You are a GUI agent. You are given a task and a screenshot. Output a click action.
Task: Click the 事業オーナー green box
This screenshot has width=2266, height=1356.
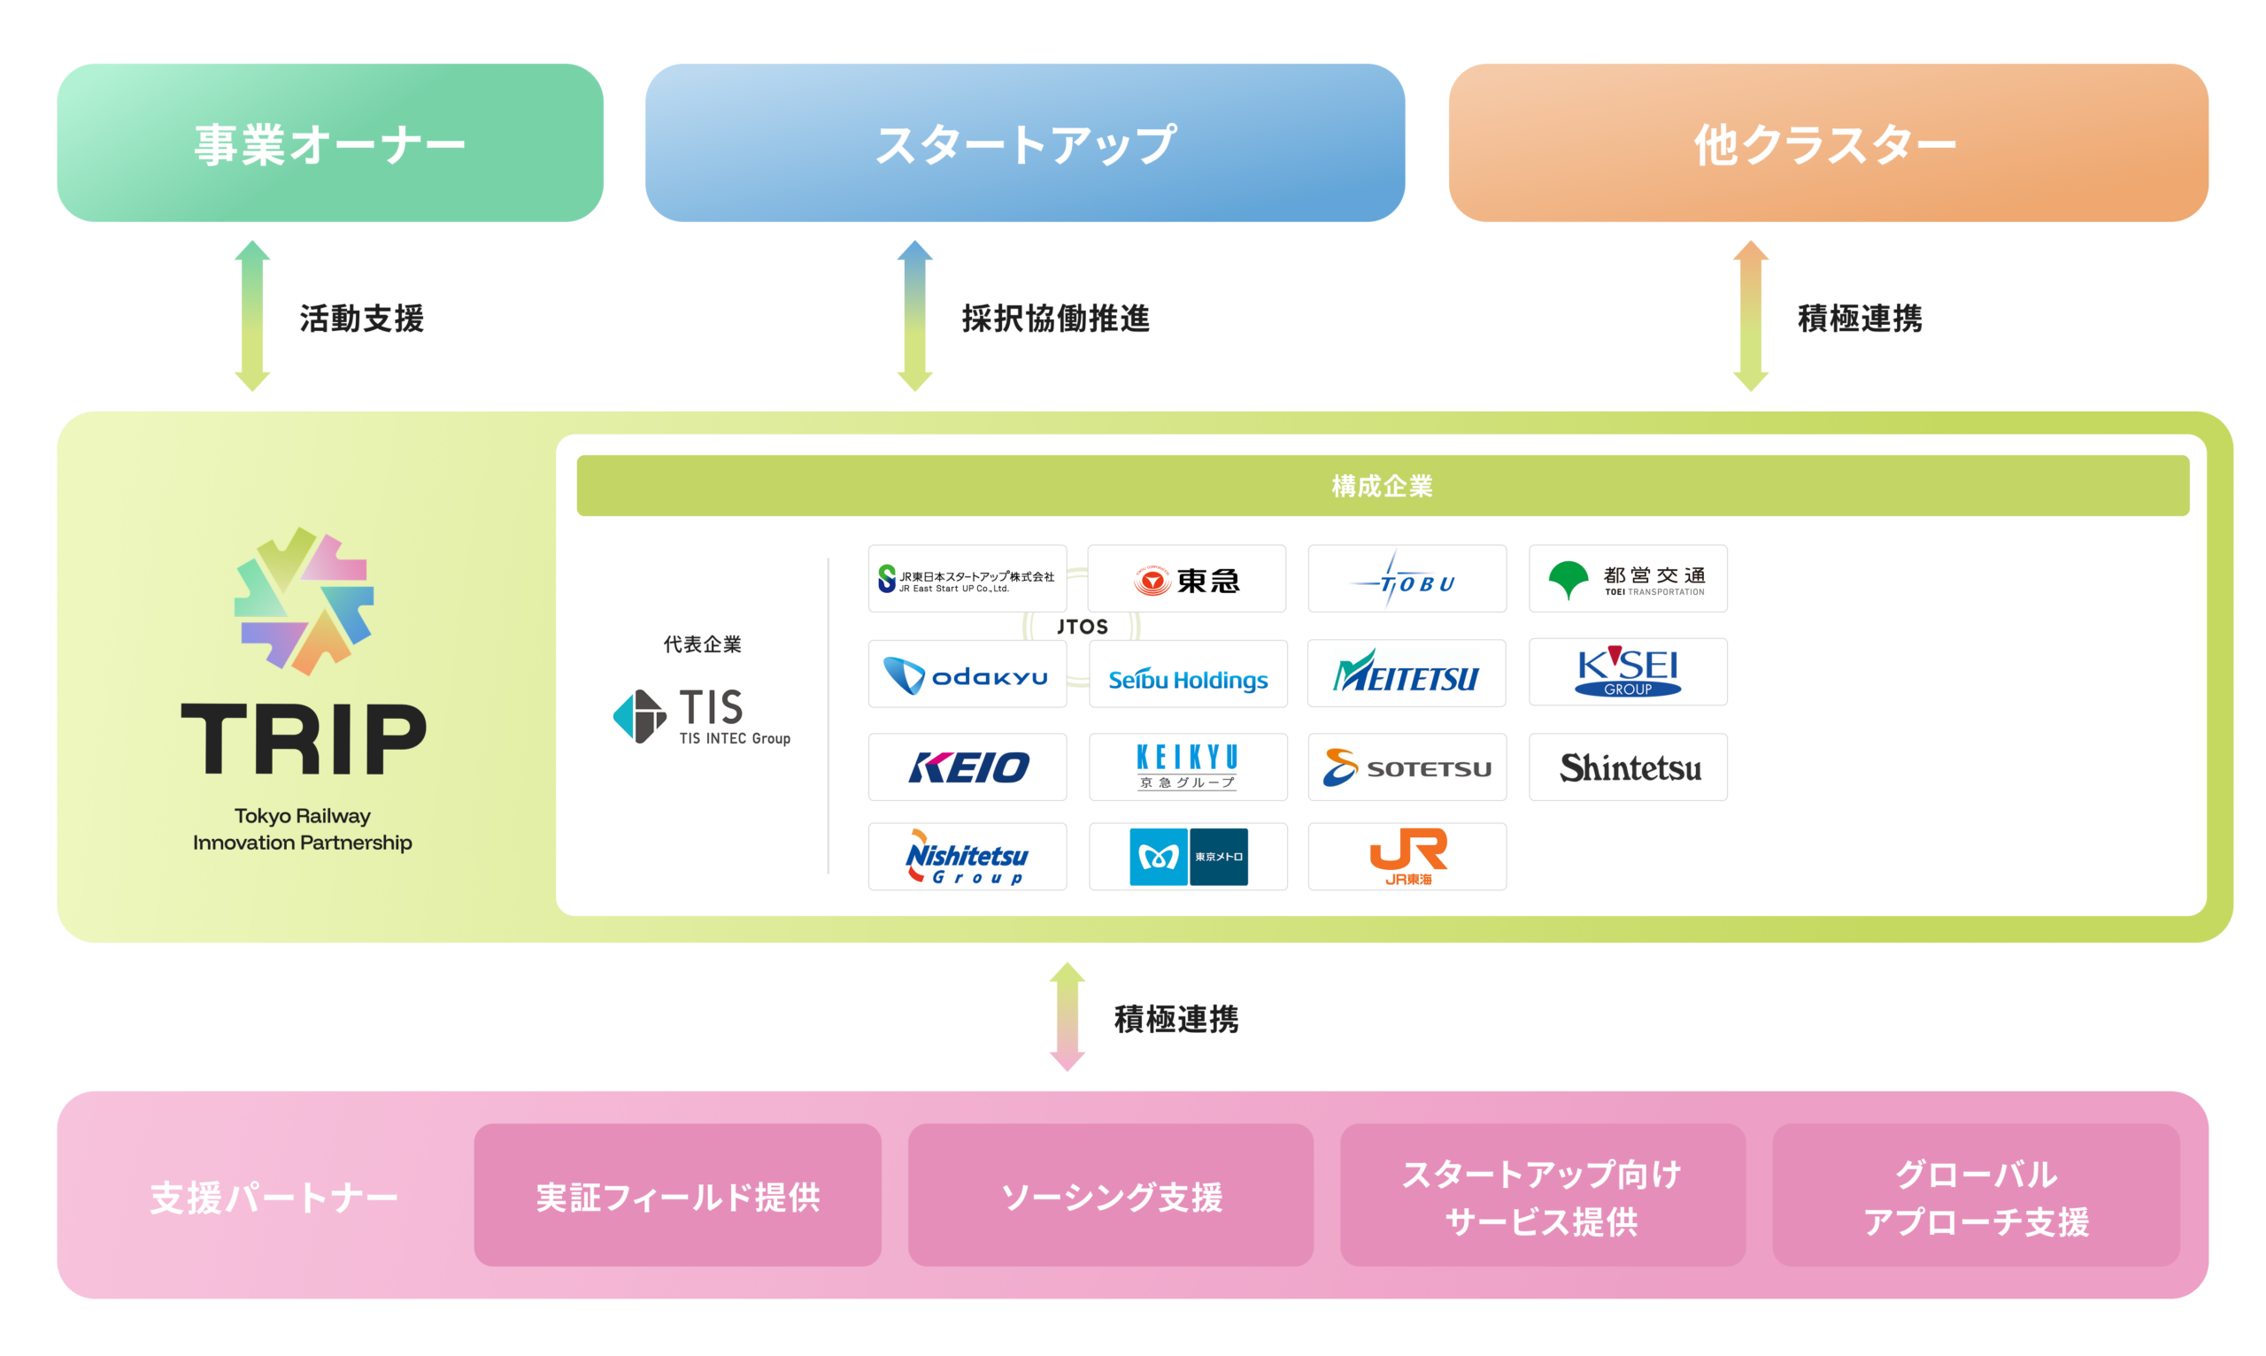coord(330,143)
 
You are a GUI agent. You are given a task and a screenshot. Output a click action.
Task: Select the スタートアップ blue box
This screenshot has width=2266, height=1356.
coord(1024,143)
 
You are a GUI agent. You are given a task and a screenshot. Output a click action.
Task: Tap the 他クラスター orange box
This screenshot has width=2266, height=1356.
coord(1828,143)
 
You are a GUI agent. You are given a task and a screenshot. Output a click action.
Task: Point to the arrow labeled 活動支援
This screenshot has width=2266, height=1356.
coord(252,316)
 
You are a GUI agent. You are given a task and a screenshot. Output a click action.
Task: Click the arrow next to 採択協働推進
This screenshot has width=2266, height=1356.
coord(914,316)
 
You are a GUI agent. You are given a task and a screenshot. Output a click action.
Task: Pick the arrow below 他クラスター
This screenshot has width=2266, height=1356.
coord(1751,316)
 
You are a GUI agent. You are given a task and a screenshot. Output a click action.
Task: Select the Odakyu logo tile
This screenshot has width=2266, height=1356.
coord(967,674)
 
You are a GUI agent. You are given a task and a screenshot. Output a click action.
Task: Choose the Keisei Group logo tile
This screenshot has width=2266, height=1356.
coord(1627,672)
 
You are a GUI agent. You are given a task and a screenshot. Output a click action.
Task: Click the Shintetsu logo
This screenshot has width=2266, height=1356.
coord(1627,767)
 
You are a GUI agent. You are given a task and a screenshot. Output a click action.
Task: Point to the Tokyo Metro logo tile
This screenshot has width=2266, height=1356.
coord(1188,856)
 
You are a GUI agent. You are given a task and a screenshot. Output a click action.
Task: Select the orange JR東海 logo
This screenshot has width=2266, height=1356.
coord(1407,856)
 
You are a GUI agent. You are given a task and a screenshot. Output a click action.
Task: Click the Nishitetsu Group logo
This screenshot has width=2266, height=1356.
coord(967,856)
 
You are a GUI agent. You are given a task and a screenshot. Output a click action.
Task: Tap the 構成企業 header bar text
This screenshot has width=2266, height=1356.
coord(1382,486)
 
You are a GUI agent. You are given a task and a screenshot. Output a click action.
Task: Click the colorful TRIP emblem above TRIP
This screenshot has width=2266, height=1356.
coord(304,601)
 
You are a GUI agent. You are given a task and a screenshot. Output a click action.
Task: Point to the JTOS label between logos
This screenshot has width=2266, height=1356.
coord(1082,627)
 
